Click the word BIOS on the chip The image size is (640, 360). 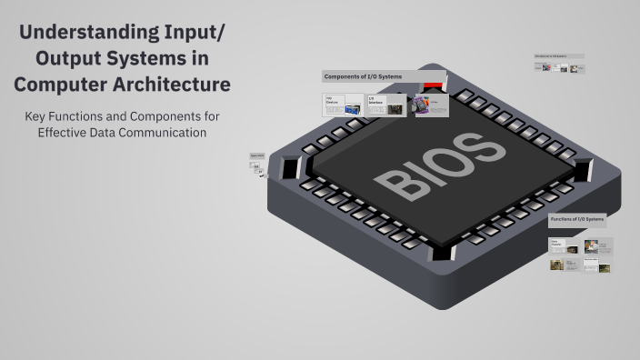pos(439,166)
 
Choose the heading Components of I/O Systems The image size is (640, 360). pos(364,76)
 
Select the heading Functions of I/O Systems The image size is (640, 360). pos(576,220)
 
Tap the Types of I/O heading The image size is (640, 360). pos(256,155)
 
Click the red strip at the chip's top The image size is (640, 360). pos(433,85)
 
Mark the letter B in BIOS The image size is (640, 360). pos(393,185)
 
